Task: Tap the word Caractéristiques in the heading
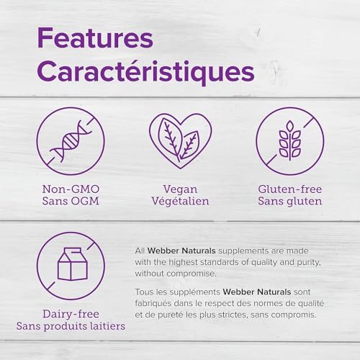[145, 72]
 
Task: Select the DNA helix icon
[71, 140]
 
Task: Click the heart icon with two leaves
[179, 140]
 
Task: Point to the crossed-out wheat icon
[289, 140]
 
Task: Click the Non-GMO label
[71, 188]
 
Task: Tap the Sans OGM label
[71, 201]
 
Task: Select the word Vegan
[180, 188]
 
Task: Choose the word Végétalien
[180, 201]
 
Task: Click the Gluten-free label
[289, 188]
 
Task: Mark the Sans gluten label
[289, 201]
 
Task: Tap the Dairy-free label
[71, 314]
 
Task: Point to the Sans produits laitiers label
[71, 327]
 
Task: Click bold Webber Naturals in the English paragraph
[179, 249]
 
